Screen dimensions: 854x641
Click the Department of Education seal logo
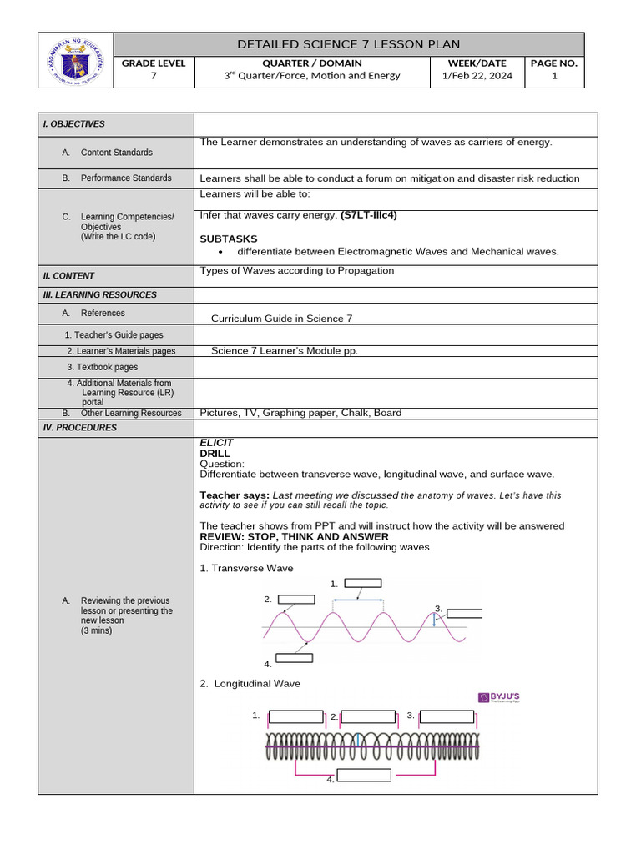75,60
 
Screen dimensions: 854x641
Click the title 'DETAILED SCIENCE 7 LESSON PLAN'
348,44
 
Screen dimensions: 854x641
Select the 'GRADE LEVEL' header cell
154,63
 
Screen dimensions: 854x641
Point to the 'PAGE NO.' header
554,63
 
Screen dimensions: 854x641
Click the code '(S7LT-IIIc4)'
369,215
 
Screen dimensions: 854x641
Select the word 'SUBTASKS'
229,239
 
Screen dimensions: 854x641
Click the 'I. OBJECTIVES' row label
74,124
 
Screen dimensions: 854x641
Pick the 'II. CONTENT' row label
69,276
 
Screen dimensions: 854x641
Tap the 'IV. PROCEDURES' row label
80,428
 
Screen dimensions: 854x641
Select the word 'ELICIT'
217,442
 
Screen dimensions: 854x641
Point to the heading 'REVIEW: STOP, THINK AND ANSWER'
295,537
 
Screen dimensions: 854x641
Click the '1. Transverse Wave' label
247,568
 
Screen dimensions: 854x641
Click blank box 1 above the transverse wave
362,584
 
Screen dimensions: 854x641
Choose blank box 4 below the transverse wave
294,658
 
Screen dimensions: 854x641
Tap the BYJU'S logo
498,698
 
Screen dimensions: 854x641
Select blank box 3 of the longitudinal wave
447,716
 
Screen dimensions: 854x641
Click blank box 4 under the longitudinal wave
364,776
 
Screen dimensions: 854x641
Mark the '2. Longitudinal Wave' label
250,684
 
